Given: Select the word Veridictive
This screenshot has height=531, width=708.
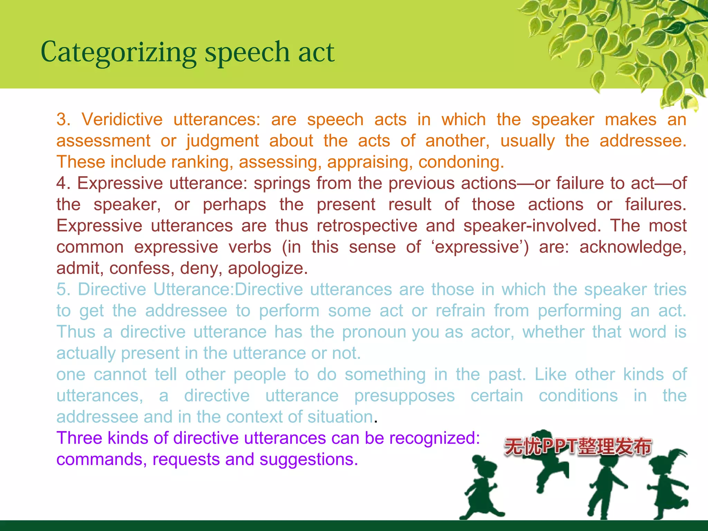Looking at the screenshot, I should (x=122, y=120).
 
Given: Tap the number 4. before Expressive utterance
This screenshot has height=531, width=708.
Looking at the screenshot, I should (x=63, y=183).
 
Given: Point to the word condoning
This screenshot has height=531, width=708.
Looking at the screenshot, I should (x=461, y=162).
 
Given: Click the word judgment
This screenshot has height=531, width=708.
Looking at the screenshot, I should (x=223, y=141).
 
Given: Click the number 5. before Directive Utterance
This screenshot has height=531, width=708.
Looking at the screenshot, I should (x=63, y=289).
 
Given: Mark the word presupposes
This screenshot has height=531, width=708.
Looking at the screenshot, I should (x=404, y=396).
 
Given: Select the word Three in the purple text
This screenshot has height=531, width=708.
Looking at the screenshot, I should (x=79, y=438).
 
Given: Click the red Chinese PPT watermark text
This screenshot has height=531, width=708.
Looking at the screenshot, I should (x=578, y=446).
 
